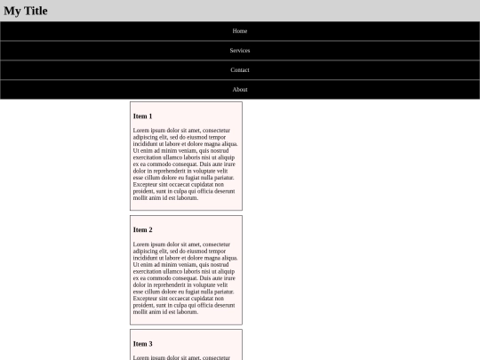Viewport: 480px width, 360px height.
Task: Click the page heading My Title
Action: click(x=26, y=11)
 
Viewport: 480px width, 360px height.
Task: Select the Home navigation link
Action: click(x=240, y=31)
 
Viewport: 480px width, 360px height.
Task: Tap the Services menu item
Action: click(x=240, y=51)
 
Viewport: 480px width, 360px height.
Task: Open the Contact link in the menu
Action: click(x=240, y=70)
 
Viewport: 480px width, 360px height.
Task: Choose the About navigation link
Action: click(x=240, y=90)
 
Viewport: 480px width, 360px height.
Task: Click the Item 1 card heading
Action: click(x=142, y=116)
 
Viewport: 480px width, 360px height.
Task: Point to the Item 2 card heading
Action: click(x=142, y=230)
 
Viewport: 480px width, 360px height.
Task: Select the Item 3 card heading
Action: click(x=142, y=344)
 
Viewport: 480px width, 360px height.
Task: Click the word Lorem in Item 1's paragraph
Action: click(x=141, y=131)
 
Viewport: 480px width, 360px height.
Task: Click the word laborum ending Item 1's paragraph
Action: click(x=187, y=197)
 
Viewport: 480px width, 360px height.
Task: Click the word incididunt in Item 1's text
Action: click(x=148, y=144)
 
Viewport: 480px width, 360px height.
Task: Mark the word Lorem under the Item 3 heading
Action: click(x=141, y=357)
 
